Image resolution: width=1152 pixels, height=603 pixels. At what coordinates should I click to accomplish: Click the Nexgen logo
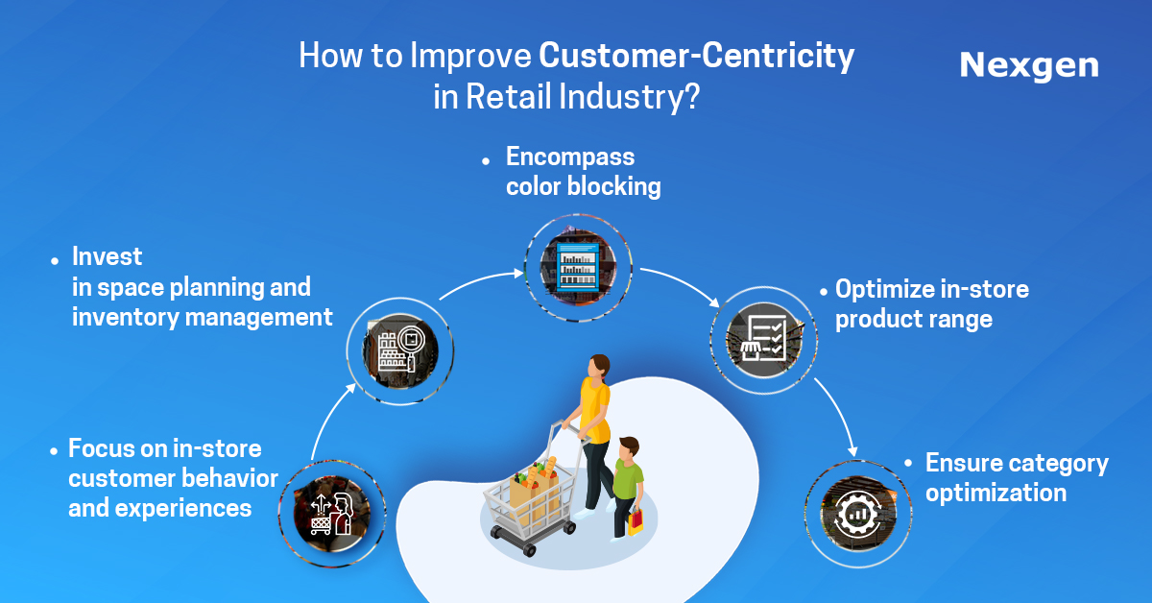[1029, 66]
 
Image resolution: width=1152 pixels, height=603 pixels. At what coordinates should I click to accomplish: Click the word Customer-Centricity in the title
[696, 55]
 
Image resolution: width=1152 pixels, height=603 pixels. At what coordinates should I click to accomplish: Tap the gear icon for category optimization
[858, 514]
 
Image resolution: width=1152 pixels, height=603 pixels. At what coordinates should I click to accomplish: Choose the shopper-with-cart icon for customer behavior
[332, 514]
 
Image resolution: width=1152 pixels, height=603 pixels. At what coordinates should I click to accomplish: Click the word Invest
[107, 256]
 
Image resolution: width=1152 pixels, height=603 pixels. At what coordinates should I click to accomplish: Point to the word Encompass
[570, 157]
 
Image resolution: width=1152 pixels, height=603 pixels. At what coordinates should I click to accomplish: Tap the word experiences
[183, 509]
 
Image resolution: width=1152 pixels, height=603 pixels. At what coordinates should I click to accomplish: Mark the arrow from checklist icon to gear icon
[839, 414]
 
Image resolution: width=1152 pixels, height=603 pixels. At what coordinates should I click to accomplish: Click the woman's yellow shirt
[595, 410]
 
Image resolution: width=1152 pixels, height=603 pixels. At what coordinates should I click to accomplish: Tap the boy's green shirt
[628, 479]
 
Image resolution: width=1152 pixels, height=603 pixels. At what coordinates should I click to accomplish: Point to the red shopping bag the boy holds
[636, 521]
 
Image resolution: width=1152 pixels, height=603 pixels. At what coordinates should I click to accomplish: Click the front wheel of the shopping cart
[529, 550]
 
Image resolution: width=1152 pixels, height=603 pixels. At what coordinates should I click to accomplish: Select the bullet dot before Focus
[54, 451]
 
